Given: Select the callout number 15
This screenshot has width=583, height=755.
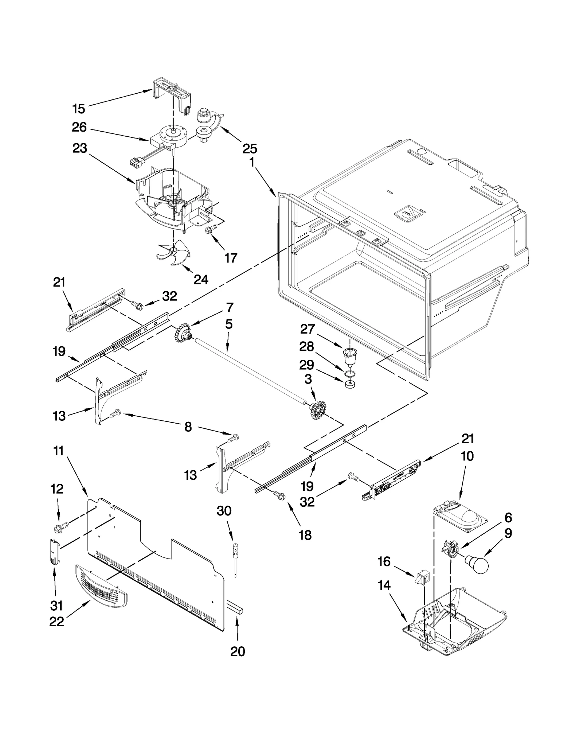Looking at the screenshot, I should (79, 109).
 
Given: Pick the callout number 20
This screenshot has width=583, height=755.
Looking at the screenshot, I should (238, 651).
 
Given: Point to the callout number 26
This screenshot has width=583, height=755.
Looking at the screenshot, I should (79, 127).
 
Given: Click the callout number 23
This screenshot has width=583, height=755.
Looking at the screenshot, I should (80, 148).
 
